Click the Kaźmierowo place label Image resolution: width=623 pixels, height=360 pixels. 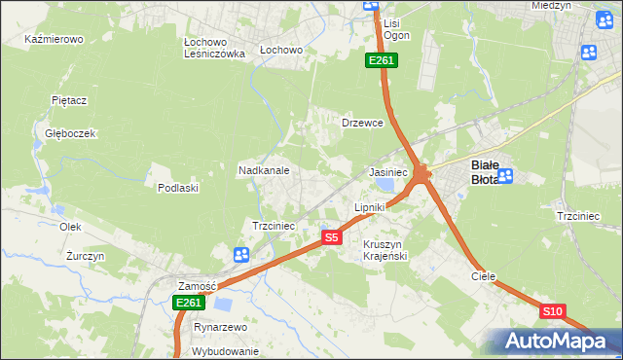55,40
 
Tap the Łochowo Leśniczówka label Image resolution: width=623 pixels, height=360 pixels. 213,49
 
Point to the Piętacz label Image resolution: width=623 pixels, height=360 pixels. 69,99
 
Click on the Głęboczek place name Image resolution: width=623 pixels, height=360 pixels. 69,133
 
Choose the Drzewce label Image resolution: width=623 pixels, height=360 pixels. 362,124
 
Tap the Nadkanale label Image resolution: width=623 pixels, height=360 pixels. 264,169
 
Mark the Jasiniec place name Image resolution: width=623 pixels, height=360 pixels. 387,171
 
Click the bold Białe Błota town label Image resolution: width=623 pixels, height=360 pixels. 485,171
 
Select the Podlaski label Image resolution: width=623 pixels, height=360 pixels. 178,188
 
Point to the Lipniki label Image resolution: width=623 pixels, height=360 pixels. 370,207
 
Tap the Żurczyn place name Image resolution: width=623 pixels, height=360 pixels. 85,256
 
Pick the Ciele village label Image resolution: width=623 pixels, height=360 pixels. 484,276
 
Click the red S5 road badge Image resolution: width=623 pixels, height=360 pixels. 332,237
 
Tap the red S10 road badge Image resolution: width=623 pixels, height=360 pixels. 552,310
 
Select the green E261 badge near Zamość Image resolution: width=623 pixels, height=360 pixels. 189,303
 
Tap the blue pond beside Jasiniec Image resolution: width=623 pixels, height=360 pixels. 386,185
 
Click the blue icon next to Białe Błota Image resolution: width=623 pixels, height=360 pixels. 507,175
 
